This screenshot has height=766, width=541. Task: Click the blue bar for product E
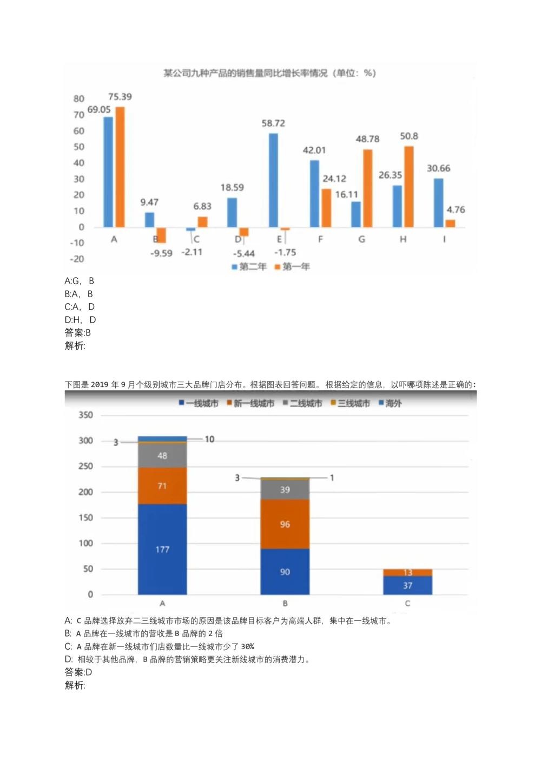(273, 180)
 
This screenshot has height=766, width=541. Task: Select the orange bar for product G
(368, 188)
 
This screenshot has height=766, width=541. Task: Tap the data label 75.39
(120, 97)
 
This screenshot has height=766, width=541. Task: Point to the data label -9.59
(161, 253)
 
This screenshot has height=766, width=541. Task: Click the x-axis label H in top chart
(403, 239)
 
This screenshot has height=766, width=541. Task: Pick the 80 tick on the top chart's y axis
(79, 99)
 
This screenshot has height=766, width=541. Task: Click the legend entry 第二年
(249, 267)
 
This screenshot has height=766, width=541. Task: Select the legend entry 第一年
(293, 267)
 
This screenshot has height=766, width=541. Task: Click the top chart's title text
(269, 73)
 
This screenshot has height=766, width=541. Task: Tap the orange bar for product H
(409, 186)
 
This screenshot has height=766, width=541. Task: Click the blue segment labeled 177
(162, 549)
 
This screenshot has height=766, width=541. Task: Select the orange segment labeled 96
(285, 524)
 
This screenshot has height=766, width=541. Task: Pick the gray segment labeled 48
(162, 455)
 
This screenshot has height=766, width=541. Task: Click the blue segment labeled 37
(407, 585)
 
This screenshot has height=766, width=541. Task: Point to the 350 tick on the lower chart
(85, 415)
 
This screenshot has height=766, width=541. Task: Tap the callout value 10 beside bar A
(209, 439)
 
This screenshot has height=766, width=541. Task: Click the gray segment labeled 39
(285, 489)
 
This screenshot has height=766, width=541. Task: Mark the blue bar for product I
(438, 202)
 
